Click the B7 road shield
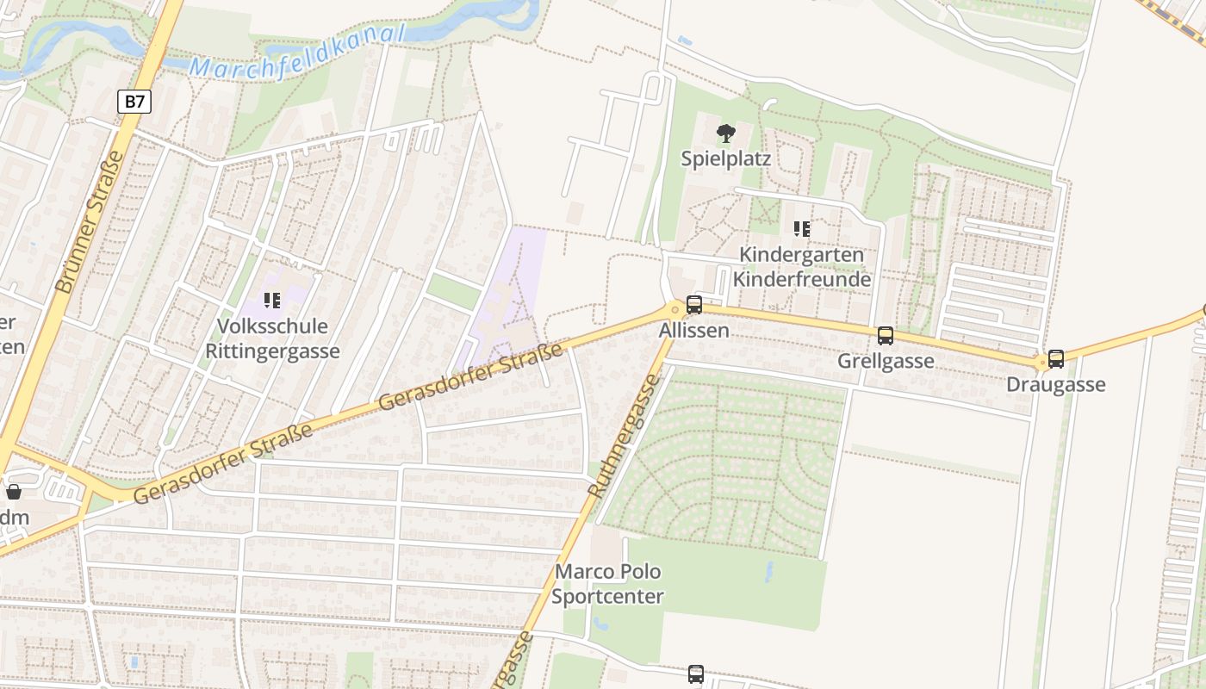pos(134,102)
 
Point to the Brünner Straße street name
pos(90,222)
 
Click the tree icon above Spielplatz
pos(725,133)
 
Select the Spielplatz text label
pos(725,158)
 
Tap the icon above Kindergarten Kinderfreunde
pos(801,229)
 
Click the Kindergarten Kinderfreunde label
pos(801,268)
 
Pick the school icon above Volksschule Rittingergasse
pos(272,301)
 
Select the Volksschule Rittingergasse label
pos(272,339)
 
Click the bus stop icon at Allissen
pos(693,305)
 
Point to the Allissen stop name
pos(693,331)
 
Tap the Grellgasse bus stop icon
pos(885,336)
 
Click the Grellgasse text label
pos(885,361)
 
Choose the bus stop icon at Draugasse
pos(1056,359)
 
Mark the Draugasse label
pos(1056,384)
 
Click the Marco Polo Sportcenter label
pos(608,584)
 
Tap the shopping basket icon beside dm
pos(14,492)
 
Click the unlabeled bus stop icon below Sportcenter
pos(696,673)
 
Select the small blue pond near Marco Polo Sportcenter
pos(769,572)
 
